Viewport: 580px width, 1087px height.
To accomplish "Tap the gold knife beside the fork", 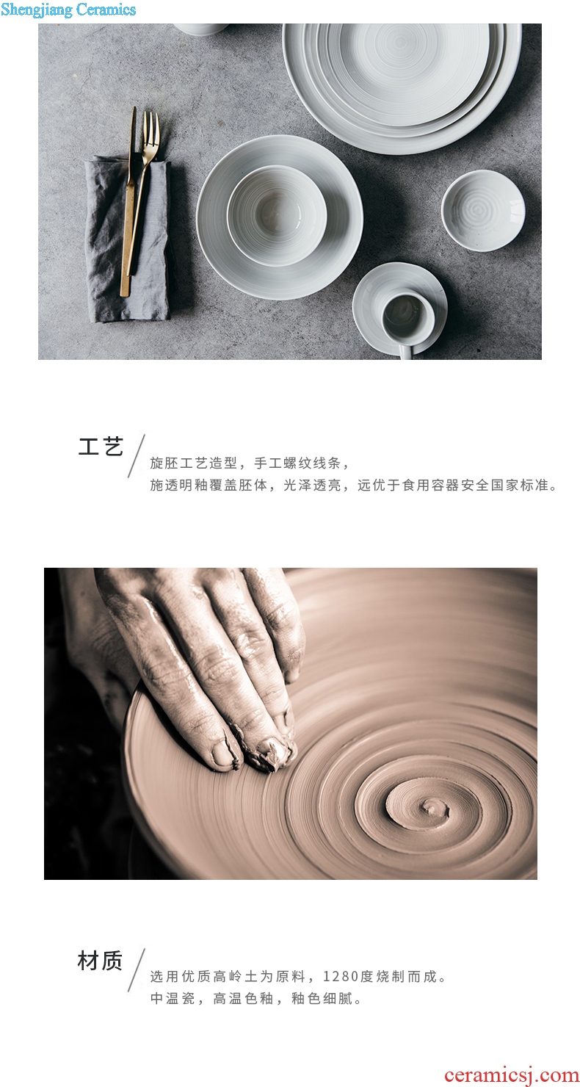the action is pyautogui.click(x=128, y=204).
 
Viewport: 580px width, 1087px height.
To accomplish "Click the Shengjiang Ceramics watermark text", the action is pyautogui.click(x=68, y=10).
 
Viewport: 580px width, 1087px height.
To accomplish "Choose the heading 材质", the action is pyautogui.click(x=100, y=961).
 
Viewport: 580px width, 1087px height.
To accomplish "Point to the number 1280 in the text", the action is pyautogui.click(x=341, y=976).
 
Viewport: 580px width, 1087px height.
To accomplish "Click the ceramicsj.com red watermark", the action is pyautogui.click(x=511, y=1074).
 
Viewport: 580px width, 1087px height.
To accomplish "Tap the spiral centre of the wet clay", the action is pyautogui.click(x=429, y=807).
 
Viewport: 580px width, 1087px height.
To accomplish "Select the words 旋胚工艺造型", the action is pyautogui.click(x=194, y=463).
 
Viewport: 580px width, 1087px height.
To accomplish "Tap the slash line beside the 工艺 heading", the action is pyautogui.click(x=137, y=456).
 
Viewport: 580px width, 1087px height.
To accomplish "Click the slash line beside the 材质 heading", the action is pyautogui.click(x=137, y=969).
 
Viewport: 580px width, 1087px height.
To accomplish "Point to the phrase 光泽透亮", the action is pyautogui.click(x=312, y=485).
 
